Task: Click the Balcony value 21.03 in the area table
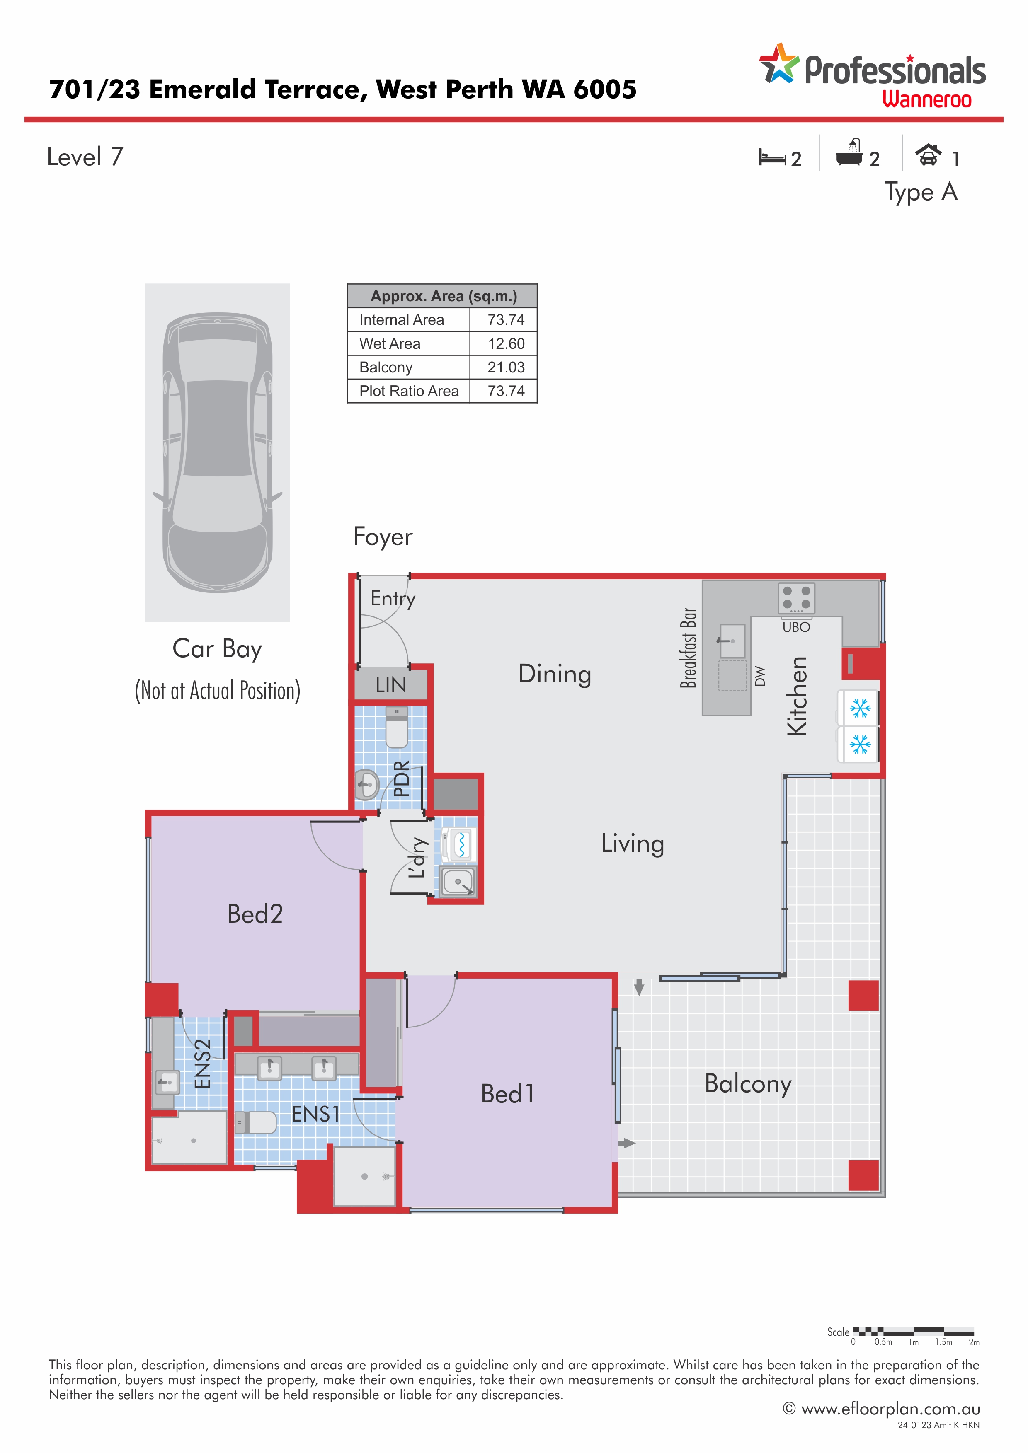[x=506, y=367]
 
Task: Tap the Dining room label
[x=555, y=675]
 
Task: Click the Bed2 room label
[x=255, y=914]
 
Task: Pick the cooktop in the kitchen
[x=796, y=598]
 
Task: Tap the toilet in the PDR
[x=397, y=728]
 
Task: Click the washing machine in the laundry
[x=458, y=844]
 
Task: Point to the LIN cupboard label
[x=390, y=685]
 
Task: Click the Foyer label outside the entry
[x=382, y=537]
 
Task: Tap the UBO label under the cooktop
[x=796, y=627]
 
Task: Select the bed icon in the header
[x=772, y=157]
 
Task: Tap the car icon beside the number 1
[x=928, y=155]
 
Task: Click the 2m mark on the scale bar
[x=974, y=1343]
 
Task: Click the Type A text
[x=921, y=192]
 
